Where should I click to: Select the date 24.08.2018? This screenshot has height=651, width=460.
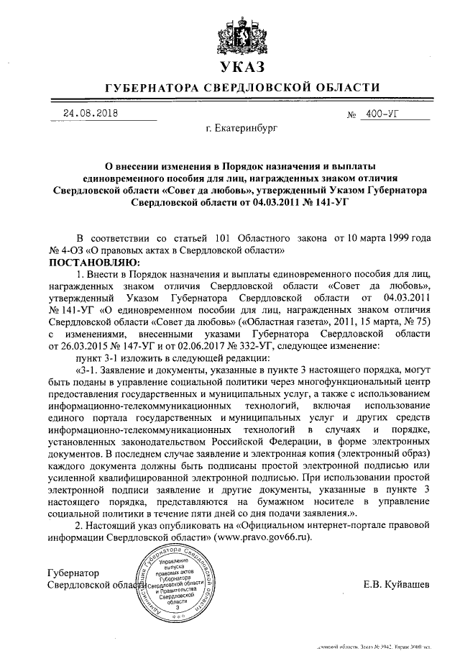[x=91, y=113]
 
